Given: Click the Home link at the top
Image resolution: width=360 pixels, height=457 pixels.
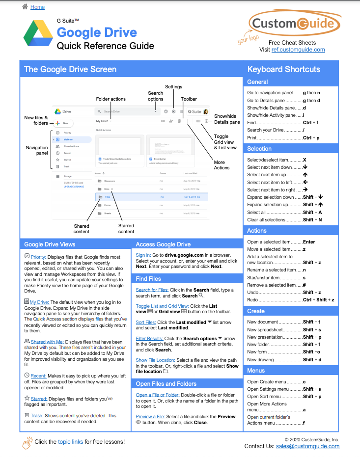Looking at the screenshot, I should pyautogui.click(x=37, y=7).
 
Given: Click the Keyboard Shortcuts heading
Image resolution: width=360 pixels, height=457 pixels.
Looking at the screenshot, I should pyautogui.click(x=283, y=69).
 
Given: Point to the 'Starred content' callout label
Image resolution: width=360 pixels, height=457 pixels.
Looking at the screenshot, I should pyautogui.click(x=126, y=229).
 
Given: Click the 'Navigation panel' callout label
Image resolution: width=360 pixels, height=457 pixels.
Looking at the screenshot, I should pyautogui.click(x=37, y=150).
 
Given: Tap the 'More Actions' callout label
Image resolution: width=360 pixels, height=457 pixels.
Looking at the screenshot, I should pyautogui.click(x=222, y=165).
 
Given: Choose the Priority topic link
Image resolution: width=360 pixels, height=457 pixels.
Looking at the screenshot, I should pyautogui.click(x=38, y=257).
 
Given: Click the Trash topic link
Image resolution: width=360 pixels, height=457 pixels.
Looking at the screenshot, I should pyautogui.click(x=37, y=416).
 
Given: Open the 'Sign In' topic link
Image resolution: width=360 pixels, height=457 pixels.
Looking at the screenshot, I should pyautogui.click(x=143, y=255).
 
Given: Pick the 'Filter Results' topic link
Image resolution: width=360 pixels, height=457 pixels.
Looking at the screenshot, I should pyautogui.click(x=149, y=339).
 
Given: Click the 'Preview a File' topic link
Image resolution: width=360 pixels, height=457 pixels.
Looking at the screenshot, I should pyautogui.click(x=150, y=416).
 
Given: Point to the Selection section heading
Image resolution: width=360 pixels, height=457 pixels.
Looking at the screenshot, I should pyautogui.click(x=259, y=149).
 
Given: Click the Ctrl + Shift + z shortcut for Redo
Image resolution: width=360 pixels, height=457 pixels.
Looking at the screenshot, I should pyautogui.click(x=318, y=299).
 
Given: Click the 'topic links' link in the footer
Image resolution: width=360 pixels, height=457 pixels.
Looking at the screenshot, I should pyautogui.click(x=70, y=442).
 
